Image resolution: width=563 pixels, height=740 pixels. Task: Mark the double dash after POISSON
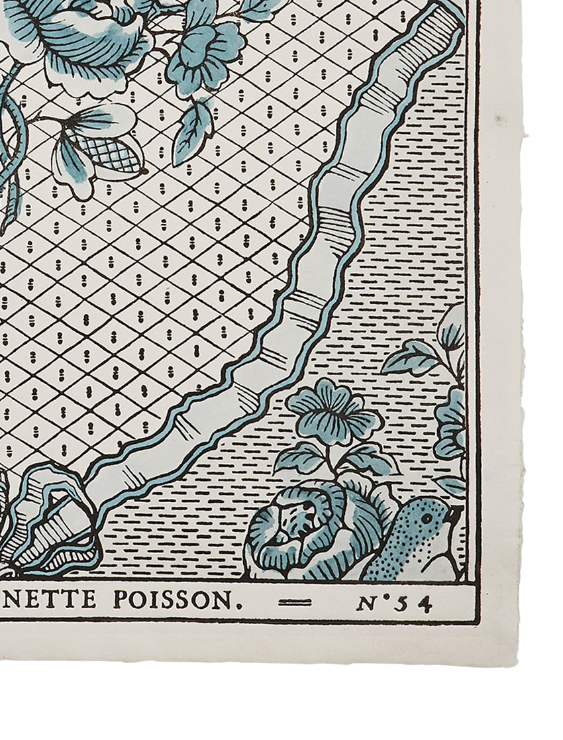click(294, 602)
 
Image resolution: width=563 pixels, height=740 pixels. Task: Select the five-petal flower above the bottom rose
click(333, 411)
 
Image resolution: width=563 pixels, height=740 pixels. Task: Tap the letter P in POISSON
click(120, 600)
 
